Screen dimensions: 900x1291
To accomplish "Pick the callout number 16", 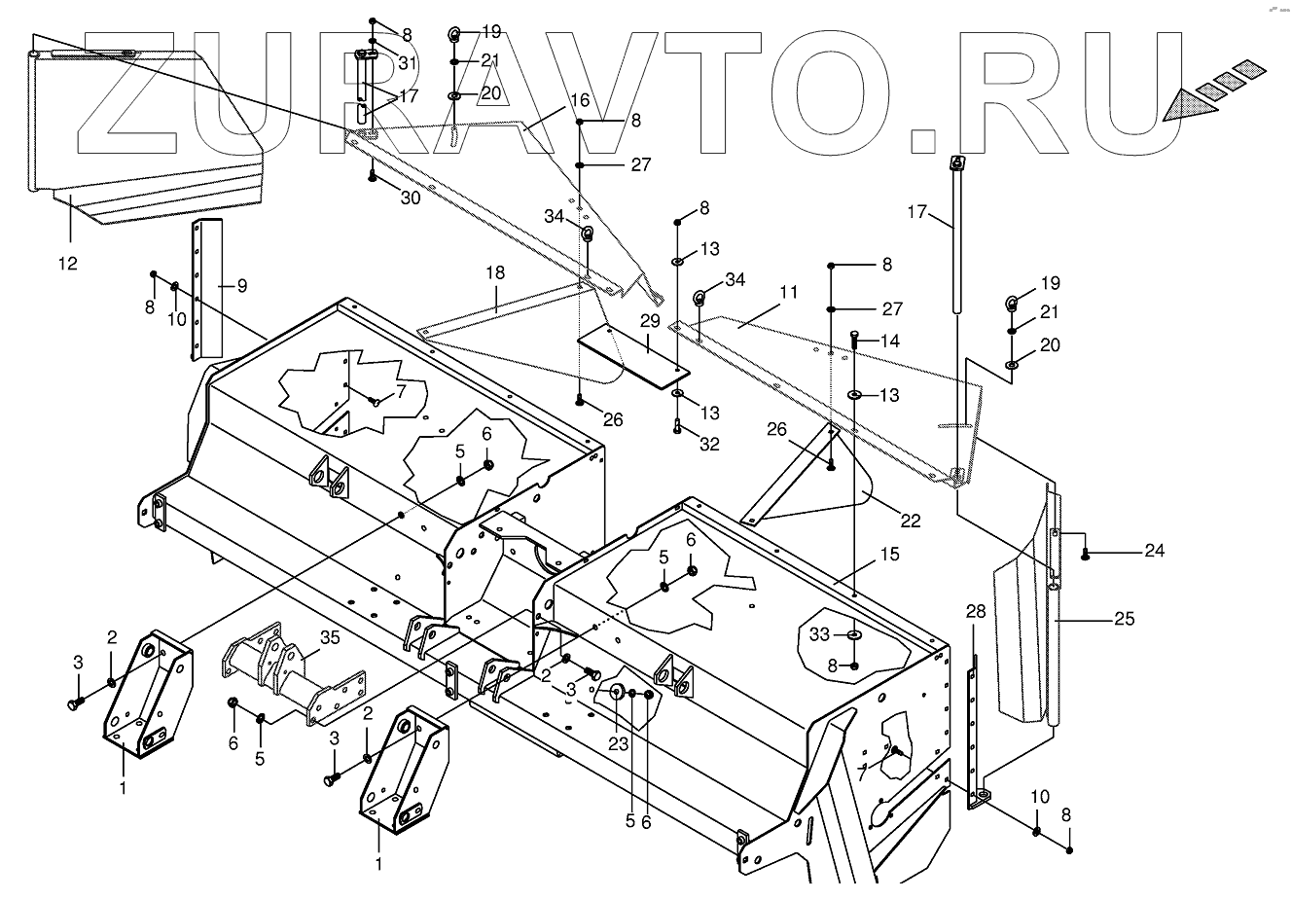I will click(x=580, y=100).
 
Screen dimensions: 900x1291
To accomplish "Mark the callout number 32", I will click(x=709, y=444).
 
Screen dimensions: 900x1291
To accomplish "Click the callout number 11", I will click(x=788, y=291).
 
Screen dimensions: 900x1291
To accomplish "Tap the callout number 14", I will click(x=890, y=341).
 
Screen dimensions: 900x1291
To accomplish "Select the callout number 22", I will click(x=910, y=521).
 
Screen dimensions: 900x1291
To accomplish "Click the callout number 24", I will click(x=1154, y=551).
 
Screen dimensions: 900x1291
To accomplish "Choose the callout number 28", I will click(x=976, y=611).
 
